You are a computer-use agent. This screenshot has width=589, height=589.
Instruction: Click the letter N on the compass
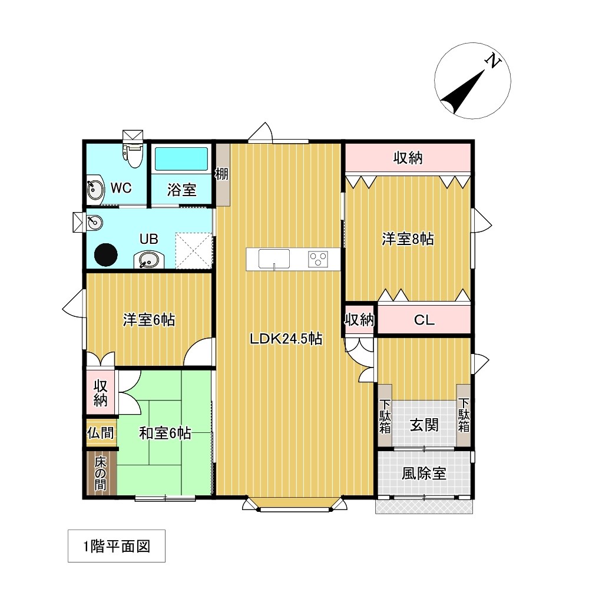point(493,61)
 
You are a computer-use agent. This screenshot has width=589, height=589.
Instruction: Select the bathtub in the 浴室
point(181,159)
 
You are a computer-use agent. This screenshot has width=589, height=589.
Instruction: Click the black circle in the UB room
point(105,255)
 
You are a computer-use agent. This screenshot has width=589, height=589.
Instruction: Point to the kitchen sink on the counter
point(274,259)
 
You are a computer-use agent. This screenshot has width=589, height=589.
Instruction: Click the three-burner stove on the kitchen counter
point(318,259)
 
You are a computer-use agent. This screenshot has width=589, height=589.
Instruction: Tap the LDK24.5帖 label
point(286,339)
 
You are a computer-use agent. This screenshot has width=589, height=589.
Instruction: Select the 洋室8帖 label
point(408,239)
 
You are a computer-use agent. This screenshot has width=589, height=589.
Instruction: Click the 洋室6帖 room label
point(149,320)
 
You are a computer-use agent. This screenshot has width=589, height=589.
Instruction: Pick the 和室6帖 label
point(166,433)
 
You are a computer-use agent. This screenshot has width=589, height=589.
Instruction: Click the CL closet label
point(424,320)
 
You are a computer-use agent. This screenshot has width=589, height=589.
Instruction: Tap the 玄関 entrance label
point(424,425)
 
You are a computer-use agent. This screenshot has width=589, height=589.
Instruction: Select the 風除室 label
point(424,474)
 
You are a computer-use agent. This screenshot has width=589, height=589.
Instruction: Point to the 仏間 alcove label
point(100,433)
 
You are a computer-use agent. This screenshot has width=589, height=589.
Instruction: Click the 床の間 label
point(100,474)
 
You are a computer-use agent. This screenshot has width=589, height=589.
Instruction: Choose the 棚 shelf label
point(221,174)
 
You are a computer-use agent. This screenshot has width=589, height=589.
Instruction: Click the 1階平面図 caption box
point(117,546)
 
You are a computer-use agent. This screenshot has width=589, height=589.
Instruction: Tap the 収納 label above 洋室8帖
point(408,158)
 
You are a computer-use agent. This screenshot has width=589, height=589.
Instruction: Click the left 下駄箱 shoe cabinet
point(385,415)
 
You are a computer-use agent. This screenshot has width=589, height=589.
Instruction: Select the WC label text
point(121,188)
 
